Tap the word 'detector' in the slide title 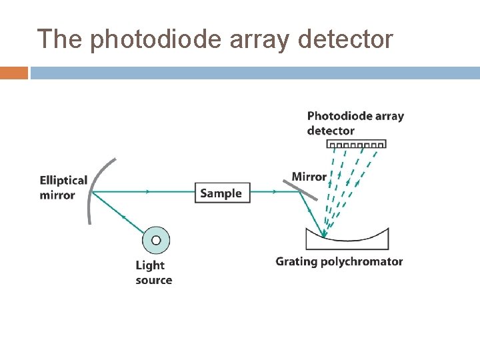point(346,40)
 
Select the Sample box point(221,193)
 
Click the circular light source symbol point(156,240)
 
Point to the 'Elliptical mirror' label point(63,187)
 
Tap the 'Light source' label point(153,273)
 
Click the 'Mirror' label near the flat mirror point(309,177)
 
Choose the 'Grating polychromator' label point(339,261)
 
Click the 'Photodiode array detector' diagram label point(355,123)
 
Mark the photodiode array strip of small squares point(356,143)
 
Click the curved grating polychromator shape point(347,240)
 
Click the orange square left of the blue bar point(14,73)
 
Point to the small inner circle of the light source point(156,240)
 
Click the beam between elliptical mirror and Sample point(143,192)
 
